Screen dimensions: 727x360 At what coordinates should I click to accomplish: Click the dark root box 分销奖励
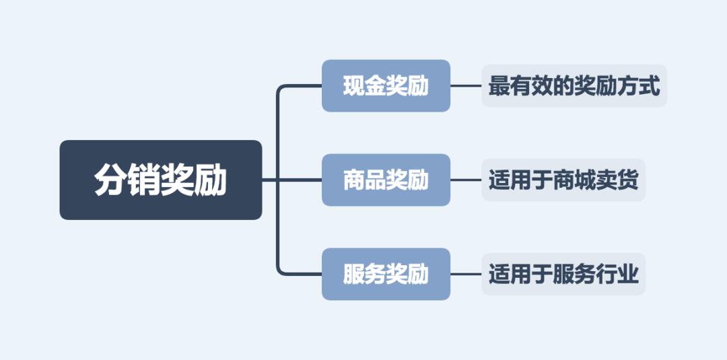click(x=161, y=180)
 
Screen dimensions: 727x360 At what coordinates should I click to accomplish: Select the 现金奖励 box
click(x=386, y=85)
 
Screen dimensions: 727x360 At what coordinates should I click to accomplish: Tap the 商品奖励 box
click(x=386, y=180)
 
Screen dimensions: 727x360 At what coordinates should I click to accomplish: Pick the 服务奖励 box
click(x=386, y=274)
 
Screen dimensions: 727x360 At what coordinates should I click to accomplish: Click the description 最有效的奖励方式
click(x=574, y=85)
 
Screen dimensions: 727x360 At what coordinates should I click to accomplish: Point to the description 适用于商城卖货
click(x=563, y=180)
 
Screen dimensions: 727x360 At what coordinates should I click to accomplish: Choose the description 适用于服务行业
click(x=563, y=274)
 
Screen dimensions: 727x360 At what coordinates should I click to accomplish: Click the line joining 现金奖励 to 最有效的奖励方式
click(x=466, y=85)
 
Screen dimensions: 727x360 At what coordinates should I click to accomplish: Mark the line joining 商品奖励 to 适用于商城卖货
click(x=466, y=180)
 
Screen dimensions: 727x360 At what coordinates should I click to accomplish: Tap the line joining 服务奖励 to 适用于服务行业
click(x=466, y=274)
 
